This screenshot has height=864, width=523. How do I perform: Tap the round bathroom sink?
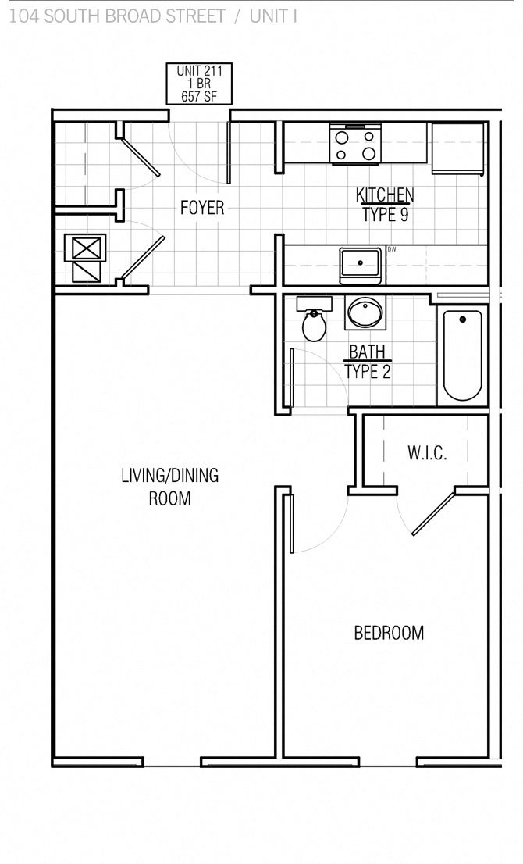[365, 313]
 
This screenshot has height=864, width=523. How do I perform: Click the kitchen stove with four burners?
[355, 145]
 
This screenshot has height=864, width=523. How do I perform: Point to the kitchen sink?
[360, 265]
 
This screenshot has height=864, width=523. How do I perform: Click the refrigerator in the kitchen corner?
[459, 148]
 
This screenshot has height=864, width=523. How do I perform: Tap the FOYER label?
[202, 208]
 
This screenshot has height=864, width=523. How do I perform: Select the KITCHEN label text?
[385, 195]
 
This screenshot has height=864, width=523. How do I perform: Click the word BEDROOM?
[389, 633]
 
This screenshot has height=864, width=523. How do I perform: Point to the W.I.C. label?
[427, 453]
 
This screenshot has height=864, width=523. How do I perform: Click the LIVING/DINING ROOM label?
[169, 486]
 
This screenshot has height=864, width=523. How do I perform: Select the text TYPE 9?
[385, 215]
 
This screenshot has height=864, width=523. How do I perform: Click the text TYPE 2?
[367, 372]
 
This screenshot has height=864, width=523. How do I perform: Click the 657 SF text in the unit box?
[199, 97]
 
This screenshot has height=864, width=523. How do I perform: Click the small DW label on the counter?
[392, 250]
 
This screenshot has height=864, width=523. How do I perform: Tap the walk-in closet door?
[433, 512]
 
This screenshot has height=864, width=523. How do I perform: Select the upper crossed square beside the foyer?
[84, 248]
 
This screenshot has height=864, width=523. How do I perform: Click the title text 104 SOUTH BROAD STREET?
[117, 16]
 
